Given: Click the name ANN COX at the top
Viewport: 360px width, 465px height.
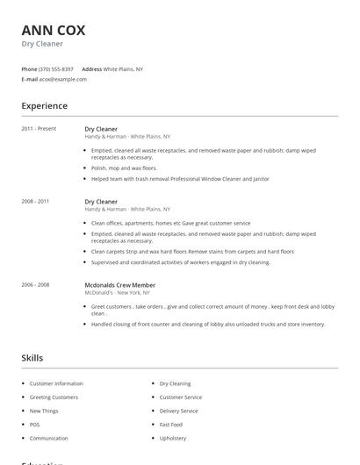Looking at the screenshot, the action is pos(53,30).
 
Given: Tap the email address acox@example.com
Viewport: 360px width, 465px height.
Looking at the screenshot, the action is pos(63,79).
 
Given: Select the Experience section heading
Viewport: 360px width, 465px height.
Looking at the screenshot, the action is pos(44,106).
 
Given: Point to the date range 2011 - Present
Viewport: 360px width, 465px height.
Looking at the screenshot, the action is pos(39,129).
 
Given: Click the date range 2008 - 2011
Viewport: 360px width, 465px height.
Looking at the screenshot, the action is pos(35,202).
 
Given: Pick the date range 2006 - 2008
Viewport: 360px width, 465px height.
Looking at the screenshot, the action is pos(35,284).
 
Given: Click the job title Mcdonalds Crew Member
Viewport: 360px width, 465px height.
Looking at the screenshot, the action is pos(119,284).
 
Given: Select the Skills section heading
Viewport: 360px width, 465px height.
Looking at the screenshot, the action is pos(32,358).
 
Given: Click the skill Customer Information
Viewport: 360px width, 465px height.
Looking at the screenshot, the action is pos(56,383).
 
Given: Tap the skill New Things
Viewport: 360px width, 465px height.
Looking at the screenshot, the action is pos(44,411).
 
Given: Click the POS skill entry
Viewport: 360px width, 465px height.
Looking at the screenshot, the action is pos(35,425).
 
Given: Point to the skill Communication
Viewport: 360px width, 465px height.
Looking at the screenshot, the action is pos(48,438).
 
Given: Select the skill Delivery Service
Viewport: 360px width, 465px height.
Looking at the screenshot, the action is pos(178,411).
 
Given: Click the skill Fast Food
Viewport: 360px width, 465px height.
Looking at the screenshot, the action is pos(170,425).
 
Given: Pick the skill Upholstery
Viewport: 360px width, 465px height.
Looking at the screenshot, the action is pos(173,438).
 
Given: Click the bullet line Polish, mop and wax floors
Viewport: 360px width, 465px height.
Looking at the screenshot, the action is pos(124,168).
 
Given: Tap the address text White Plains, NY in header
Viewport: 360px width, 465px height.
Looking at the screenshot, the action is pos(123,68).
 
